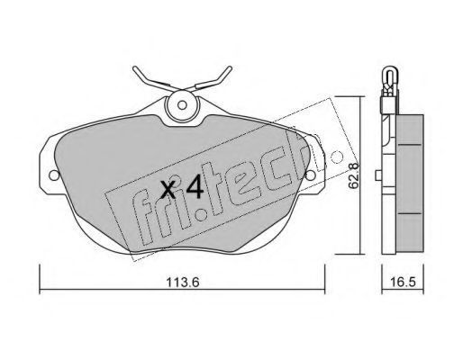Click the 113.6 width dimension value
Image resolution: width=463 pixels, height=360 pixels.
click(183, 283)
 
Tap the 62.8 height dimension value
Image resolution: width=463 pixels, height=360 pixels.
click(353, 175)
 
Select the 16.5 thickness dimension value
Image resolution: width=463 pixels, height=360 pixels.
click(404, 282)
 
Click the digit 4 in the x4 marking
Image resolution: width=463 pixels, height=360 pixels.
click(195, 186)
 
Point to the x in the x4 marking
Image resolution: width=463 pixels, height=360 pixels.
click(168, 190)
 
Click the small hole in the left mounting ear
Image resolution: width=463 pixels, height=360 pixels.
click(54, 175)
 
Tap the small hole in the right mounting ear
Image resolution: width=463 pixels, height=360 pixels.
click(310, 175)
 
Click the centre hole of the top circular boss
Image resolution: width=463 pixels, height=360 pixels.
click(182, 105)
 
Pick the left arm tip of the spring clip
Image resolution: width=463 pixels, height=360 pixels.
click(134, 67)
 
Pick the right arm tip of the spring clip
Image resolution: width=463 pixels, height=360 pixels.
click(230, 67)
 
